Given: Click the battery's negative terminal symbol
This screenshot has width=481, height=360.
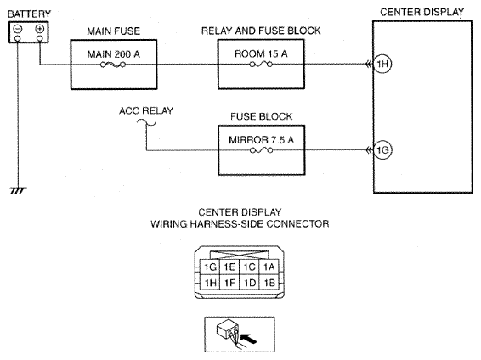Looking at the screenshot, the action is click(x=18, y=29).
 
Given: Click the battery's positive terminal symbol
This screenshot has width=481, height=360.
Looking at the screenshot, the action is click(x=40, y=29).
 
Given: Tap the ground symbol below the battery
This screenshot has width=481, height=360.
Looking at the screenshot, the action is click(x=18, y=190).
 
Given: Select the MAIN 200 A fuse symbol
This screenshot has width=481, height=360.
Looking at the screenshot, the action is click(x=113, y=65).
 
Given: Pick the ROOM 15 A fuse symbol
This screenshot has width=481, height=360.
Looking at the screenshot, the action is click(x=261, y=65).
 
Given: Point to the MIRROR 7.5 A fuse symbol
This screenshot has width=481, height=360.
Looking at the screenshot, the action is click(x=262, y=150).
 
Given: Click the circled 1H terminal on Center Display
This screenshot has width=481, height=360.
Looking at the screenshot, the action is click(x=382, y=64).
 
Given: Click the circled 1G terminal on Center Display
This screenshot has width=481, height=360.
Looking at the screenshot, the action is click(x=382, y=149).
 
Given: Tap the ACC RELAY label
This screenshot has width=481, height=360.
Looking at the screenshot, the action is click(x=146, y=110).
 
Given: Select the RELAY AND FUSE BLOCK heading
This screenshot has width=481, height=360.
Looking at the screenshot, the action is click(x=261, y=31).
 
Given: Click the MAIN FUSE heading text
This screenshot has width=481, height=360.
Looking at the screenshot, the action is click(x=114, y=31).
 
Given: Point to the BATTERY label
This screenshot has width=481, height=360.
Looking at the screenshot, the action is click(x=29, y=14).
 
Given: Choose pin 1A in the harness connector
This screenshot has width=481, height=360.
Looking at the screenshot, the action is click(x=269, y=267).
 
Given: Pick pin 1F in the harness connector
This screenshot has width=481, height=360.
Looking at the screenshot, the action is click(x=229, y=282).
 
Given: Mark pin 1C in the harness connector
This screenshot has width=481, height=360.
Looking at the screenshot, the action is click(x=249, y=267).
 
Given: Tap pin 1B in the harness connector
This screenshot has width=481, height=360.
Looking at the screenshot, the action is click(x=269, y=282).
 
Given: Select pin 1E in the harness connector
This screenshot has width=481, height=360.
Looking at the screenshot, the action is click(x=229, y=267).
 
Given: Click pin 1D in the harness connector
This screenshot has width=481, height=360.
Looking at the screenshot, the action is click(x=249, y=282).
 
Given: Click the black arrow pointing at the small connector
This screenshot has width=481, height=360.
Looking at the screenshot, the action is click(x=249, y=338).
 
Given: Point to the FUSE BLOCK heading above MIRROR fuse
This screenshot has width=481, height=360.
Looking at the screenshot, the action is click(x=262, y=116).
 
